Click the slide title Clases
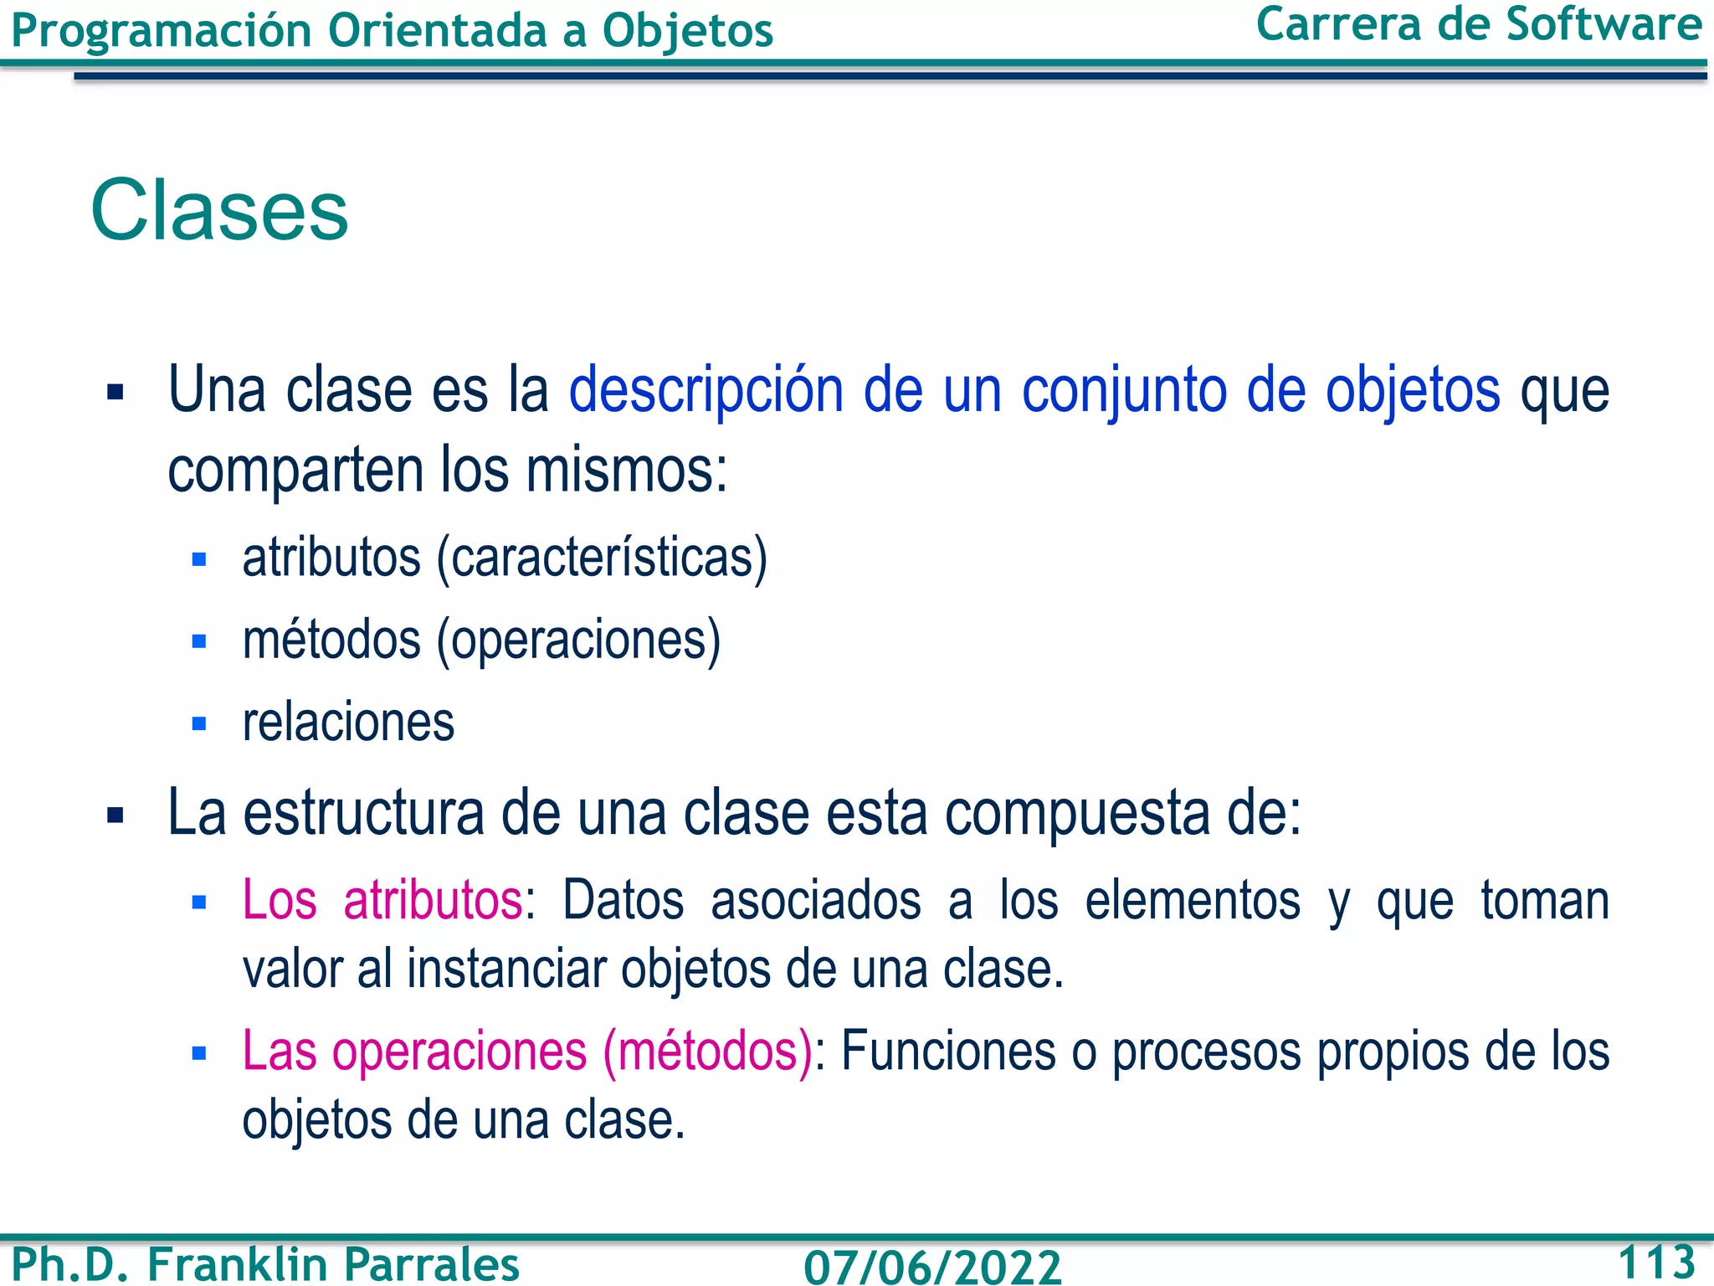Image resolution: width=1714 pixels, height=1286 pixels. click(219, 210)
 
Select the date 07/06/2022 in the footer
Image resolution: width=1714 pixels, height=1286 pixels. click(932, 1266)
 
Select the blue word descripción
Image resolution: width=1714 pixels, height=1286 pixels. click(706, 391)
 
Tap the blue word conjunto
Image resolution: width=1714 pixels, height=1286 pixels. click(1124, 391)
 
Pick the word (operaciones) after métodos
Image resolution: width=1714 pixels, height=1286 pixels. click(578, 640)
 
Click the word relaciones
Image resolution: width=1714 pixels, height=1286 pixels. click(348, 723)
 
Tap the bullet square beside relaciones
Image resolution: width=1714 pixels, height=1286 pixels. click(199, 723)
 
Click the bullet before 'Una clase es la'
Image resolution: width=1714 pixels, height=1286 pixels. click(115, 392)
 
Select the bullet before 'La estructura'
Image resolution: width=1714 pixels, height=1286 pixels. click(115, 814)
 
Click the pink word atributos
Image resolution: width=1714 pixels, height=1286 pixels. click(433, 901)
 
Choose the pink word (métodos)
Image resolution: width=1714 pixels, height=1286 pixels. click(707, 1051)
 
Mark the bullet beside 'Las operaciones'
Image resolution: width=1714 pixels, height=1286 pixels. click(199, 1053)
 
